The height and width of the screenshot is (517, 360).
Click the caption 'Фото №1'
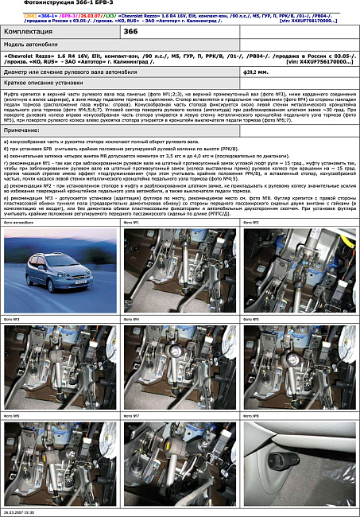(x=131, y=223)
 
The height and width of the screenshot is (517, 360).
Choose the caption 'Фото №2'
(x=250, y=223)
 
